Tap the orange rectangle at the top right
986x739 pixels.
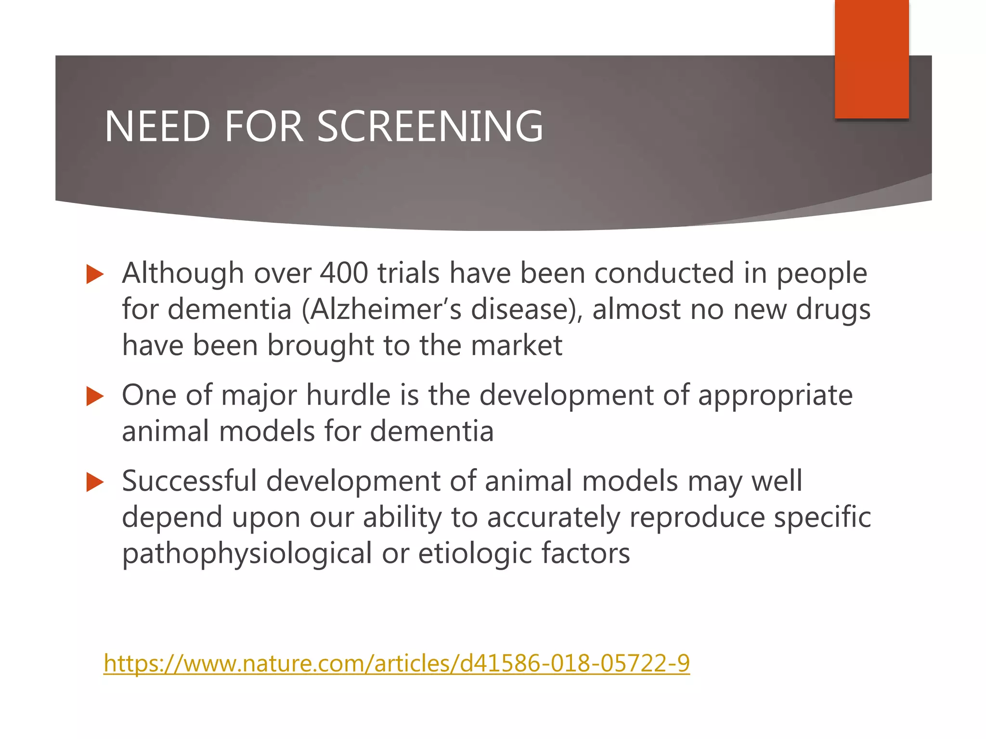point(871,59)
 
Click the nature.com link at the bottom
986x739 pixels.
point(397,663)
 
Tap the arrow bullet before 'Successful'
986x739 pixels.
point(95,482)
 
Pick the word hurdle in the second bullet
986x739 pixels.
point(348,395)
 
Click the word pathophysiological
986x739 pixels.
point(247,553)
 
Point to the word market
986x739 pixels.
point(516,345)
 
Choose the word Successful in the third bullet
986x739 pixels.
point(189,481)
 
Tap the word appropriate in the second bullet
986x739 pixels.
point(775,396)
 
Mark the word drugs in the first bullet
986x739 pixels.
point(833,309)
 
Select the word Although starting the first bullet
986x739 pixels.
point(183,273)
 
